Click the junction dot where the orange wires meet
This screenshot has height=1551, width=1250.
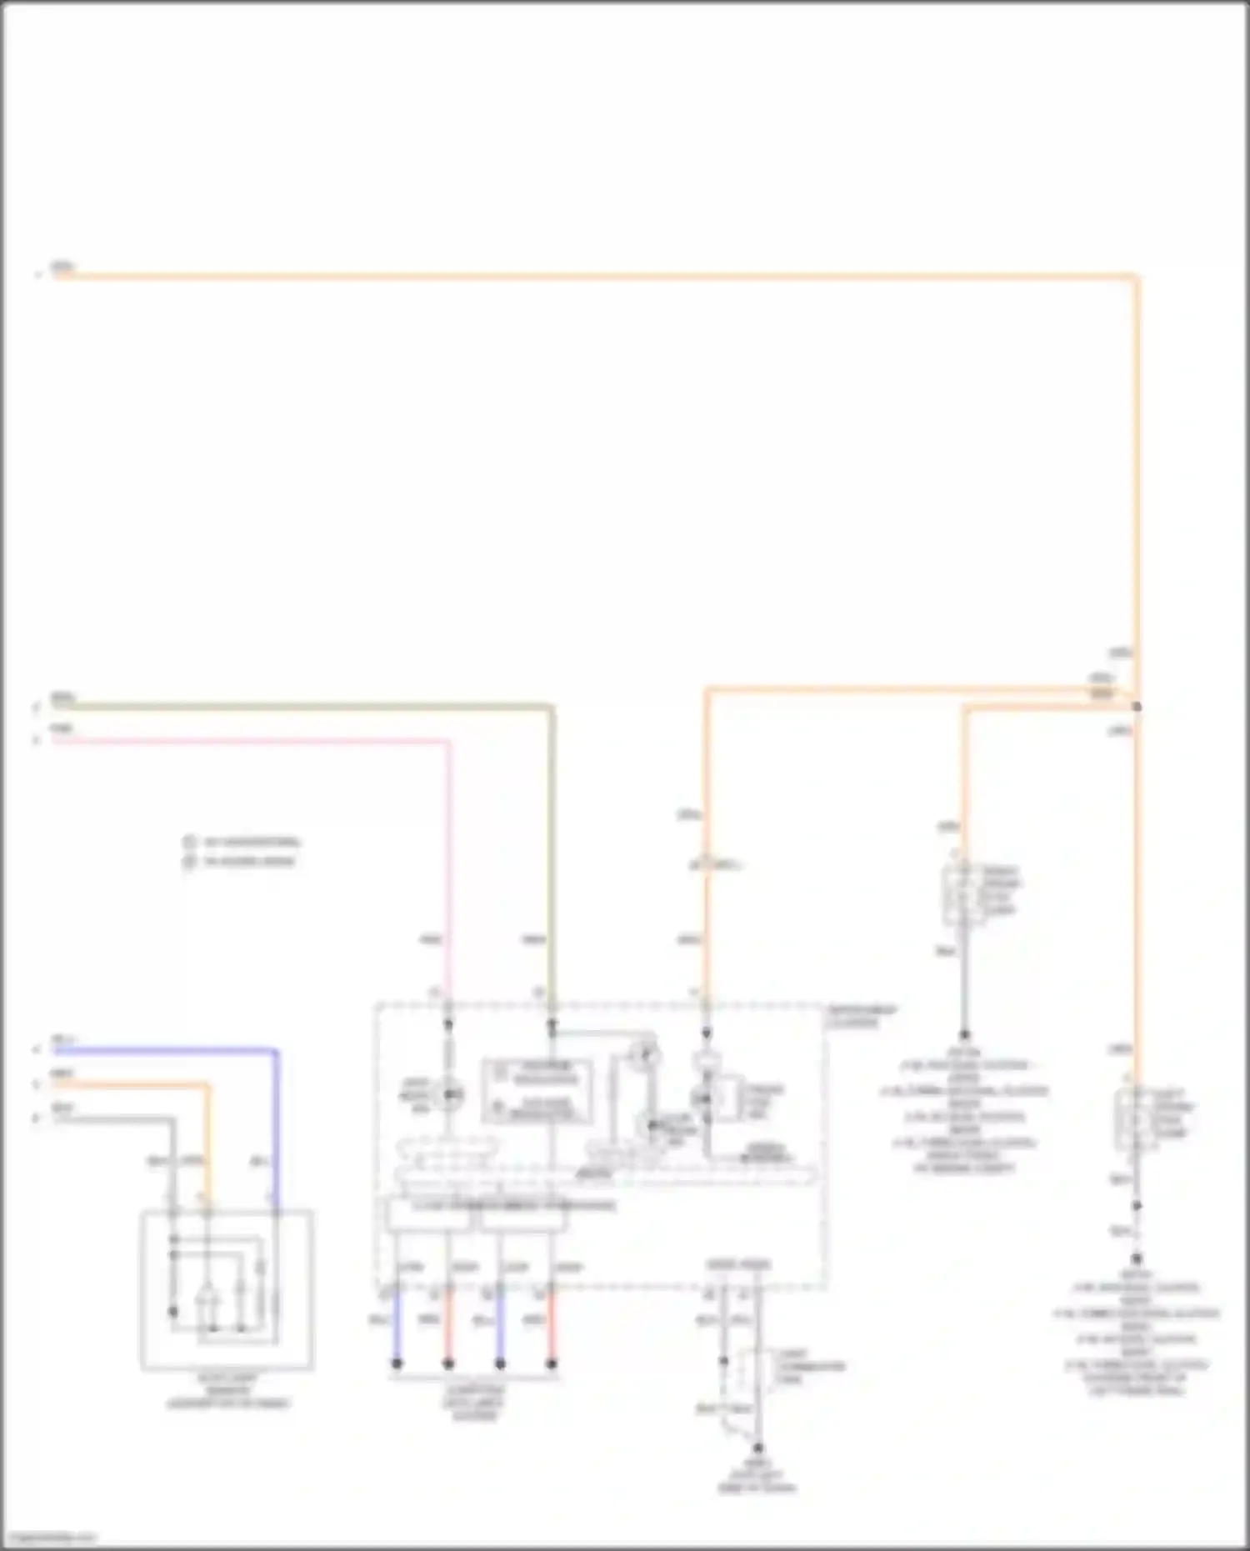(1136, 707)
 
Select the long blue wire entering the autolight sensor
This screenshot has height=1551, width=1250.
(167, 1052)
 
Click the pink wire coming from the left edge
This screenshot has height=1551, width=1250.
(250, 741)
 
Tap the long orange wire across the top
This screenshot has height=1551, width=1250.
(583, 276)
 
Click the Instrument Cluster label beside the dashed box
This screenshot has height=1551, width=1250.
(862, 1016)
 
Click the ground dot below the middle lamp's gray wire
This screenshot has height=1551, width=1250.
(964, 1035)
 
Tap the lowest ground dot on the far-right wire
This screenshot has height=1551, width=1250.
(1136, 1258)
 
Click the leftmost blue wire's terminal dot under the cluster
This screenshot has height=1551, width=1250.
(397, 1364)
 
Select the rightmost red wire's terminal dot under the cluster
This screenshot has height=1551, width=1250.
(551, 1364)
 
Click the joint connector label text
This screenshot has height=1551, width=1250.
(810, 1367)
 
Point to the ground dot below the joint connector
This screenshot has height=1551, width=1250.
(757, 1448)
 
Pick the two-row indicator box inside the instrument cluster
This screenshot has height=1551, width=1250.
(537, 1090)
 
